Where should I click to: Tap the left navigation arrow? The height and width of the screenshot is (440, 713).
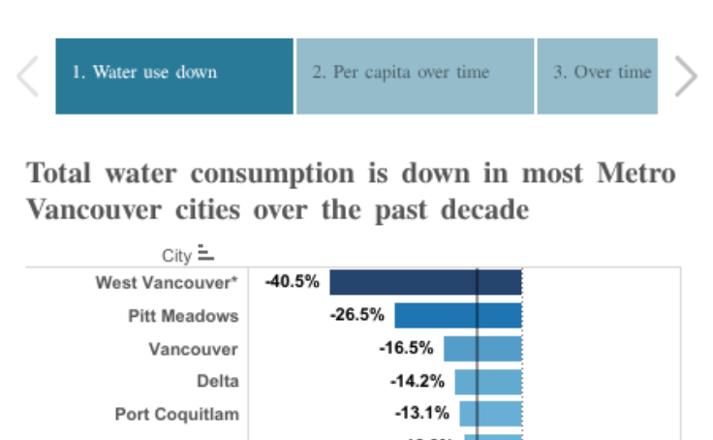pos(28,77)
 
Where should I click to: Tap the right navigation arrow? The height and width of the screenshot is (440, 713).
pos(685,77)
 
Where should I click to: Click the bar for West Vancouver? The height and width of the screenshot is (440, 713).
pos(425,282)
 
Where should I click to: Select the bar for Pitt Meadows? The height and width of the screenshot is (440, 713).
pos(458,315)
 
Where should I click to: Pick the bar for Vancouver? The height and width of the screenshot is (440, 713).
pos(482,348)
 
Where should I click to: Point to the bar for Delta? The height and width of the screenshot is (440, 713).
pos(488,381)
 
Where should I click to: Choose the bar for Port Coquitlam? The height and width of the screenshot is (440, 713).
pos(490,414)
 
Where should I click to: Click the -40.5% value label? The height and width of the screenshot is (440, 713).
pos(292,282)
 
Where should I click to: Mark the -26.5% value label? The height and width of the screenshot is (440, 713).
pos(357,315)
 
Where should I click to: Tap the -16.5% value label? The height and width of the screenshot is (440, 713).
pos(406,348)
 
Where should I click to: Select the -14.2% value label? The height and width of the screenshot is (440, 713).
pos(418,381)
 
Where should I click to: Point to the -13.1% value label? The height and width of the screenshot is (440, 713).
pos(421,414)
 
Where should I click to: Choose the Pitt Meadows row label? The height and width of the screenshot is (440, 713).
pos(183,316)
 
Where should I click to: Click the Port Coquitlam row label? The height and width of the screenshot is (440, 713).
pos(176,414)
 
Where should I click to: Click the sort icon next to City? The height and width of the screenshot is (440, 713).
pos(205,254)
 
